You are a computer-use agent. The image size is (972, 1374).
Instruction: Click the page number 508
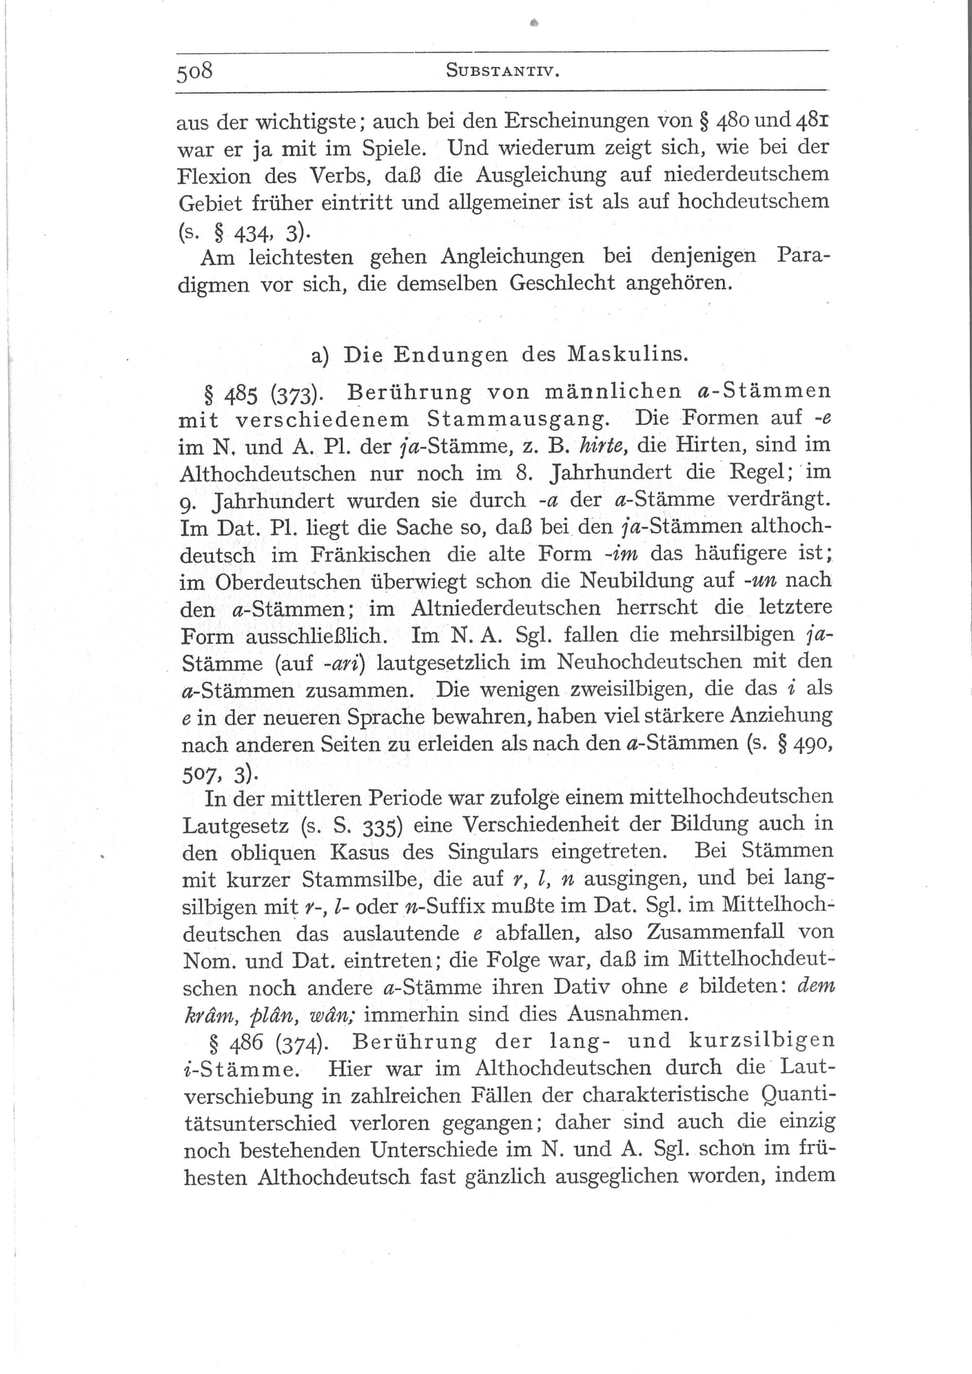click(194, 72)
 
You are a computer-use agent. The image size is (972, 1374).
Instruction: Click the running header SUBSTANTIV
click(502, 72)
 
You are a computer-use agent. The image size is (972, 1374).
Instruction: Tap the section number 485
click(242, 393)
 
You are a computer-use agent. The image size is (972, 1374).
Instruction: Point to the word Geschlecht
click(562, 283)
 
